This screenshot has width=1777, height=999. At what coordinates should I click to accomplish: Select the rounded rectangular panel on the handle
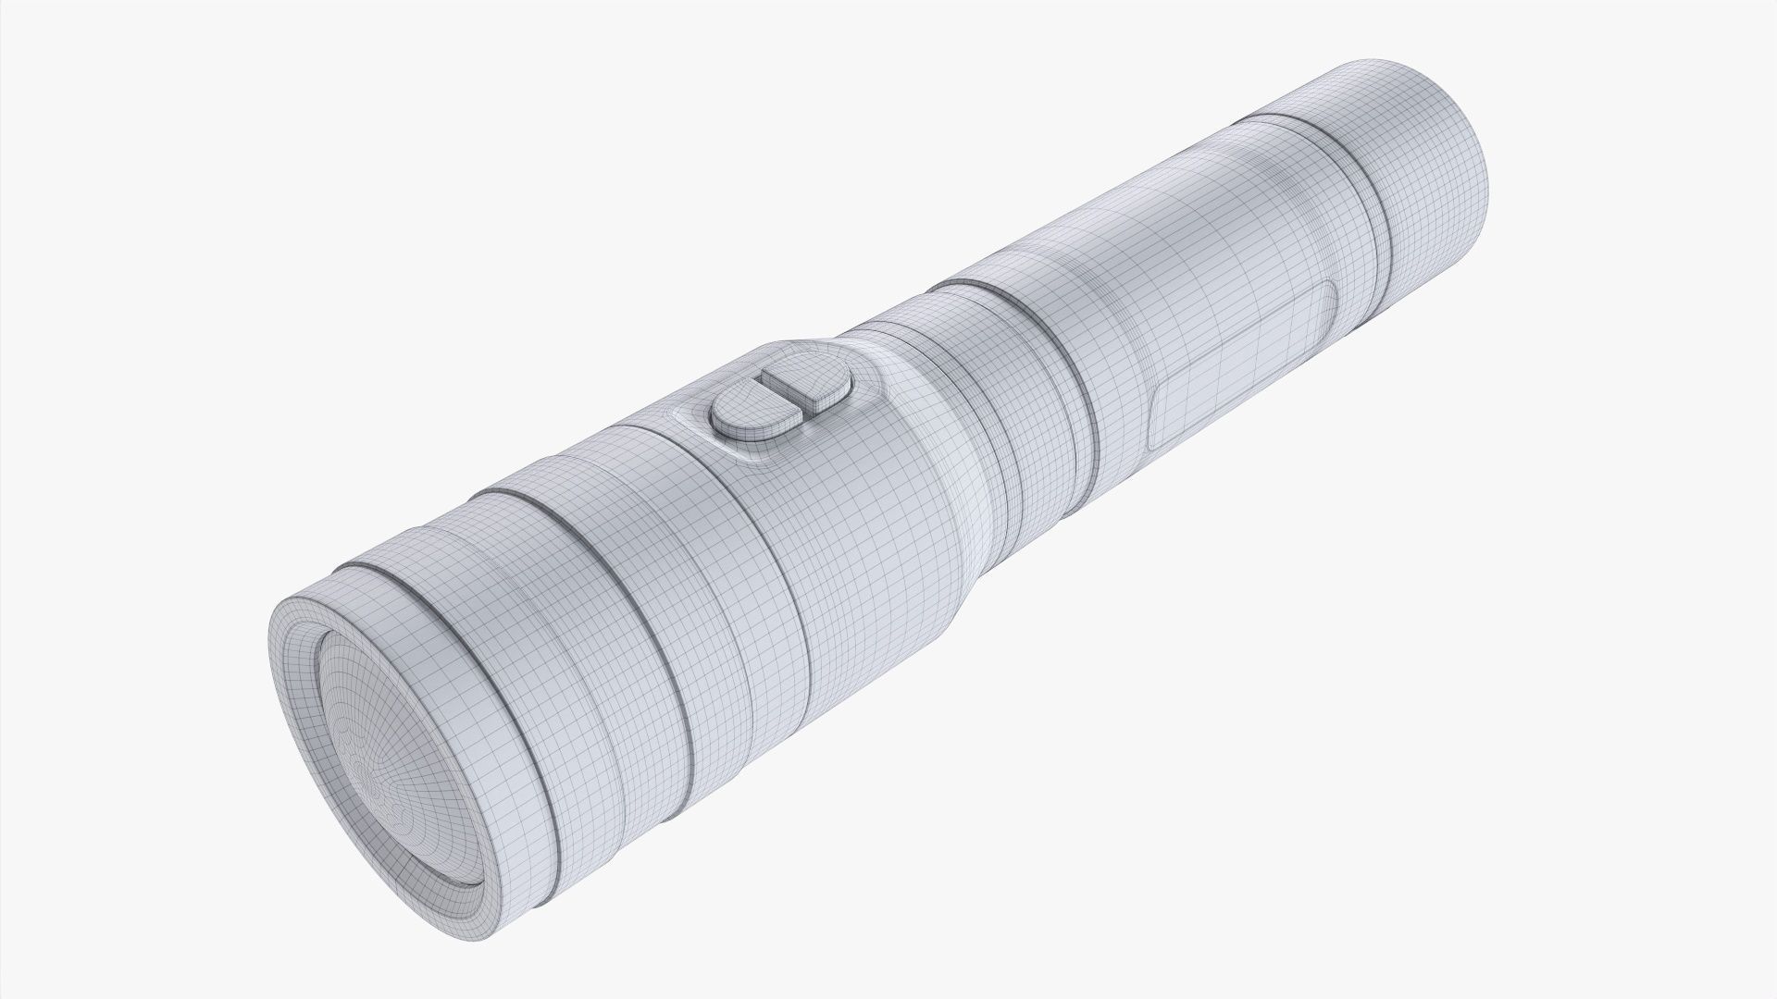coord(1240,370)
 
